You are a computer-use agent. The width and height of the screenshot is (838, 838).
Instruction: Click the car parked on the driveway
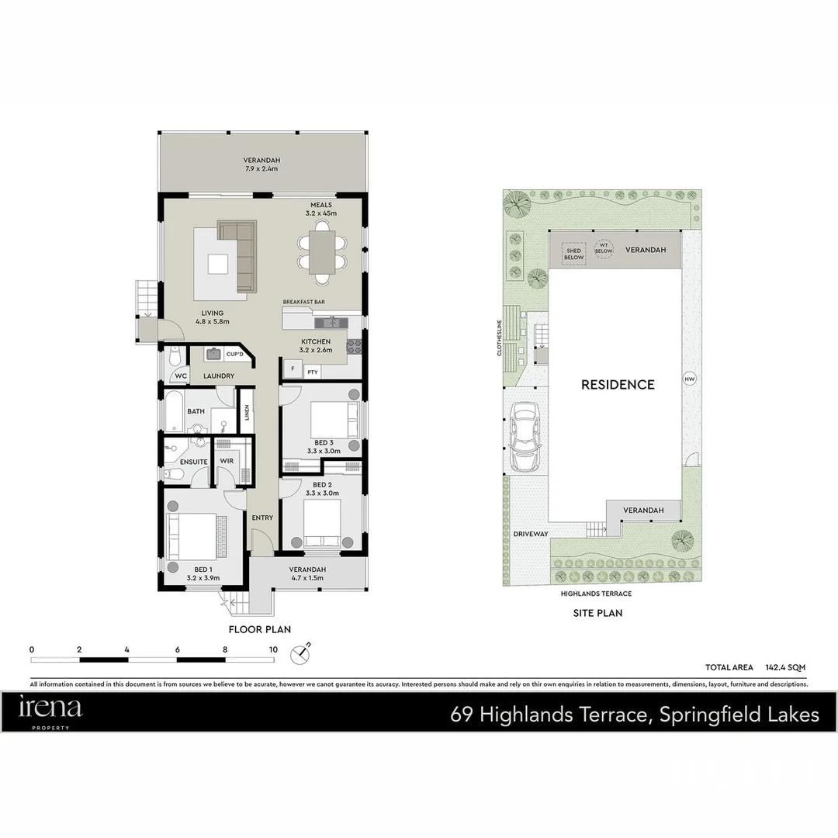(x=525, y=438)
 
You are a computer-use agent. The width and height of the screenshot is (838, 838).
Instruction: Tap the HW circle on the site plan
(x=688, y=379)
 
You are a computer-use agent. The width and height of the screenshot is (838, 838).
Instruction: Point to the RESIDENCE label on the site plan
(x=618, y=384)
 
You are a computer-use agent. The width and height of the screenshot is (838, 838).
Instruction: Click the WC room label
(x=181, y=376)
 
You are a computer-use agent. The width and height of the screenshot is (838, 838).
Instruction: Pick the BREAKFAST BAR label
(x=303, y=301)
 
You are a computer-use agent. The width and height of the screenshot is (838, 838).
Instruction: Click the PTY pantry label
(x=312, y=372)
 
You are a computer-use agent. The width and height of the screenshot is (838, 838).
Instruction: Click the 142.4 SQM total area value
(x=785, y=667)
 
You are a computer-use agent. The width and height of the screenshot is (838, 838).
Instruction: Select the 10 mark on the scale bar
(x=273, y=649)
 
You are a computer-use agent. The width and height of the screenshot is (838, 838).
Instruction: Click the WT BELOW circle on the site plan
(x=604, y=248)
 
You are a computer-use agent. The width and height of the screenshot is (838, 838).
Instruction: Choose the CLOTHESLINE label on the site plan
(x=500, y=337)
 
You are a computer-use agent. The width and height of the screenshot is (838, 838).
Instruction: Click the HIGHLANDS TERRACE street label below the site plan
(x=596, y=594)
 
